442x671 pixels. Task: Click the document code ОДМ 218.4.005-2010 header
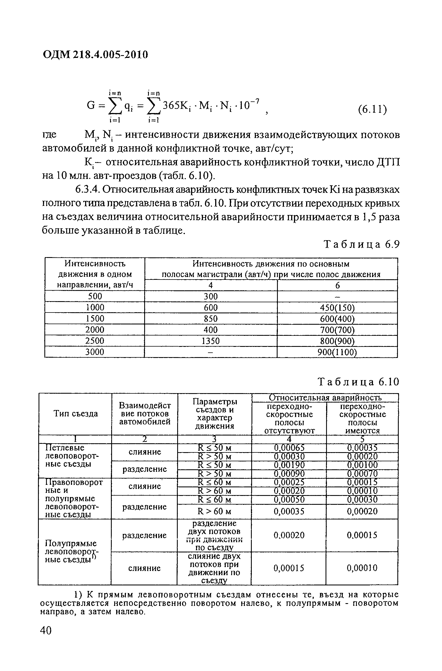(x=95, y=54)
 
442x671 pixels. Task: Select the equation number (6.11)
(x=372, y=109)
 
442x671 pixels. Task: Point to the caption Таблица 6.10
(x=359, y=382)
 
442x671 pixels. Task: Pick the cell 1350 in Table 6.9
(x=210, y=341)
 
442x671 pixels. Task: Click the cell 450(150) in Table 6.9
(x=337, y=307)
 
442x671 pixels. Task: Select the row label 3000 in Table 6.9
(x=95, y=352)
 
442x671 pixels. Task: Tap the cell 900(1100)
(x=337, y=352)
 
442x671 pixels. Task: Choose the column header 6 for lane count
(x=337, y=285)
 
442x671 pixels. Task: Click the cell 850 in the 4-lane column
(x=210, y=319)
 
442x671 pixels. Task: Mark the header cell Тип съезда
(x=76, y=414)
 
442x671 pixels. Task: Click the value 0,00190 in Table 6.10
(x=289, y=465)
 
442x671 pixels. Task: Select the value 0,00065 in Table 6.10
(x=289, y=448)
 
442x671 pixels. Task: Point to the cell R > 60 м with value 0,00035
(x=214, y=511)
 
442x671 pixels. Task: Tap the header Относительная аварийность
(x=325, y=398)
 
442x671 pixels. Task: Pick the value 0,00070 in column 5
(x=362, y=473)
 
